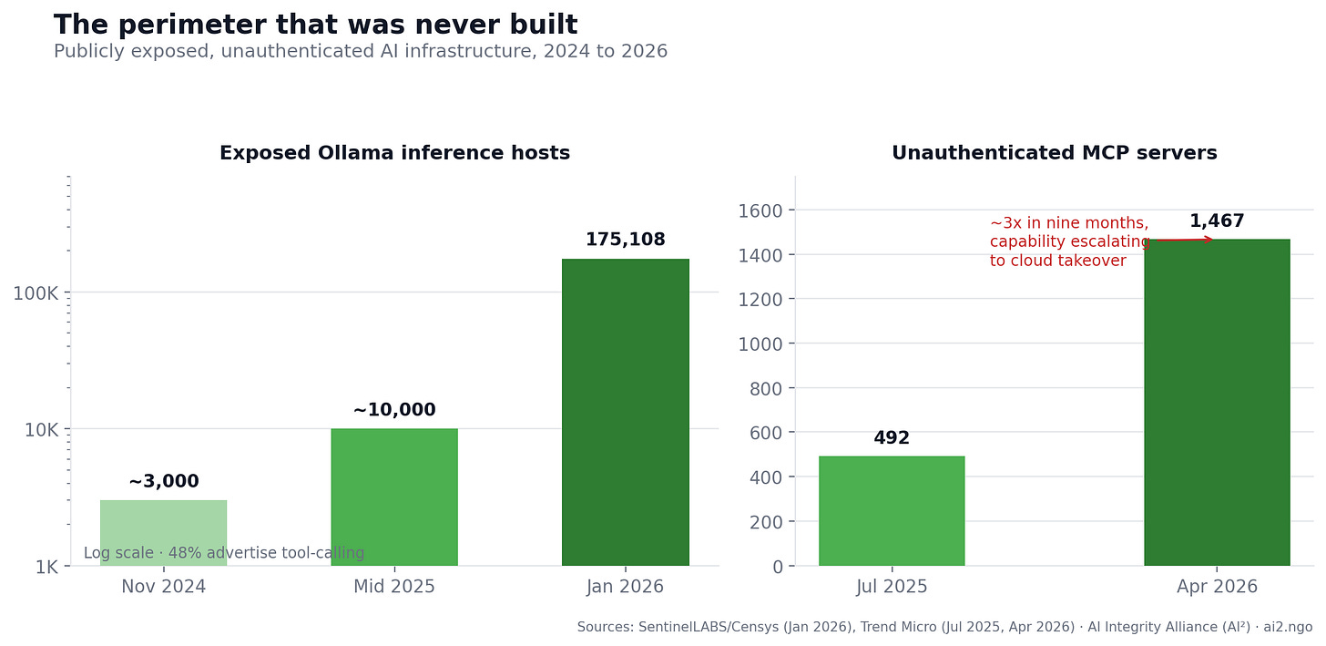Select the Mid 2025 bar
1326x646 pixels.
[x=394, y=497]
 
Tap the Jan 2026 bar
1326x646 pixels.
[x=626, y=412]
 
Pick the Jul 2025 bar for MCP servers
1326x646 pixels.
[x=892, y=511]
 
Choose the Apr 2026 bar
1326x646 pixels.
[x=1217, y=403]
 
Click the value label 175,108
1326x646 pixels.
[x=626, y=240]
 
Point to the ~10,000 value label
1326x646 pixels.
[x=394, y=409]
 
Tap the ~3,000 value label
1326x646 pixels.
[x=163, y=481]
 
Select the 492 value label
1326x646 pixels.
[x=892, y=437]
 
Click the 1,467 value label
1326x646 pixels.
[x=1217, y=220]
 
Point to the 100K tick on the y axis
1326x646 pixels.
[x=36, y=293]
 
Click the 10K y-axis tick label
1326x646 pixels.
[x=42, y=430]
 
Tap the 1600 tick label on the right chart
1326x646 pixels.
[x=760, y=210]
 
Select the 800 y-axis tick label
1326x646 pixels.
[x=766, y=389]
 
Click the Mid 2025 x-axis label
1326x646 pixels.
[x=394, y=587]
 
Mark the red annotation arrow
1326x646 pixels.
[x=1181, y=240]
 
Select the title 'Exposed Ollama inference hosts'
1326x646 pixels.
[x=395, y=153]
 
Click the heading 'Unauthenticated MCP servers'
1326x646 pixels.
[x=1055, y=153]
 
